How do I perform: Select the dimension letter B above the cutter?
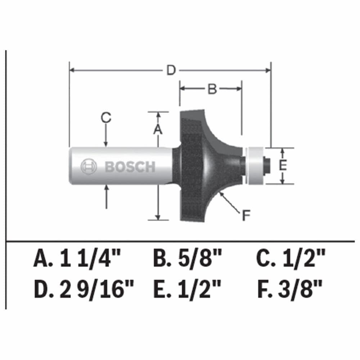[x=212, y=89]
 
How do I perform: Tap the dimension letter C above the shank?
[x=106, y=118]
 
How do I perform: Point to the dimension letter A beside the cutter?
[x=158, y=129]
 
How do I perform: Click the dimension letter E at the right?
[x=283, y=166]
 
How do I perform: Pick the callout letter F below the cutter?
[x=246, y=216]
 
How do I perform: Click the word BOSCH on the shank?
[x=130, y=167]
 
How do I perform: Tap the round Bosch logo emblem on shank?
[x=89, y=167]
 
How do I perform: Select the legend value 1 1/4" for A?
[x=91, y=259]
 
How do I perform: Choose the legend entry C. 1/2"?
[x=291, y=259]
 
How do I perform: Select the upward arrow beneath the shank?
[x=106, y=196]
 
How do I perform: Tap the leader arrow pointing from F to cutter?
[x=230, y=202]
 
